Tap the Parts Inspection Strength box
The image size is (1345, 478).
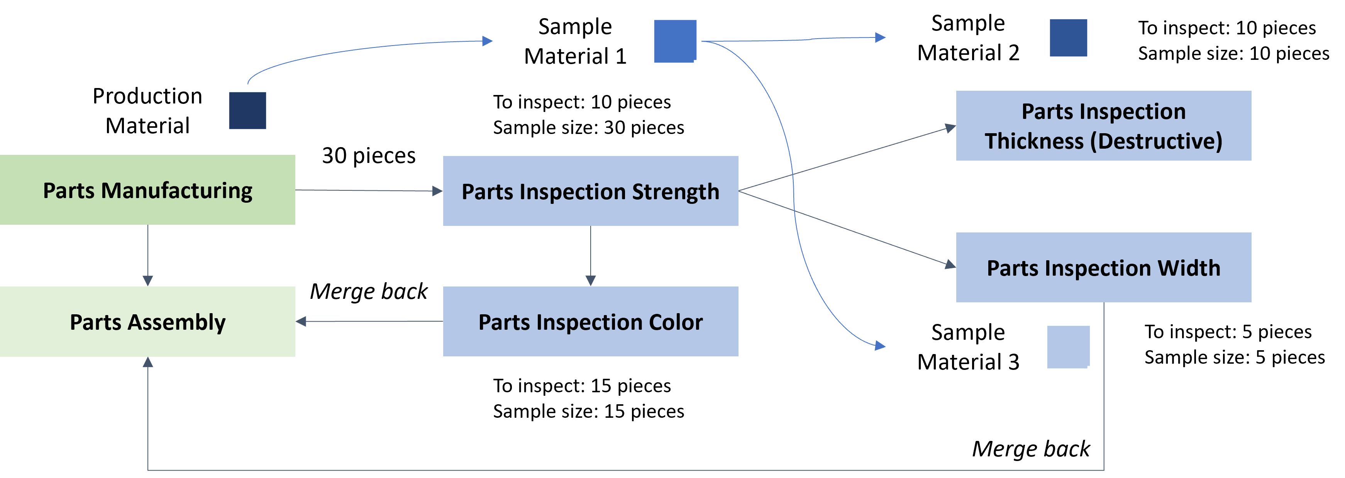(x=591, y=191)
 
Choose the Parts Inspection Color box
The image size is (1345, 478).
(x=591, y=321)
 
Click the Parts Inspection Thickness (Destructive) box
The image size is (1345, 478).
(x=1103, y=125)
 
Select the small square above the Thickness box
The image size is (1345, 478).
(x=1068, y=37)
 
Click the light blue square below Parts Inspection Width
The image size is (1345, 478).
(x=1068, y=347)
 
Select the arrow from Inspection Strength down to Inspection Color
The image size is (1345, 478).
(x=591, y=256)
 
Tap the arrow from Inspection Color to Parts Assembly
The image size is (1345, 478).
(x=369, y=321)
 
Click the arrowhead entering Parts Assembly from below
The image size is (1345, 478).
(x=148, y=362)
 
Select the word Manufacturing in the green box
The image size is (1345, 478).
(x=176, y=191)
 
